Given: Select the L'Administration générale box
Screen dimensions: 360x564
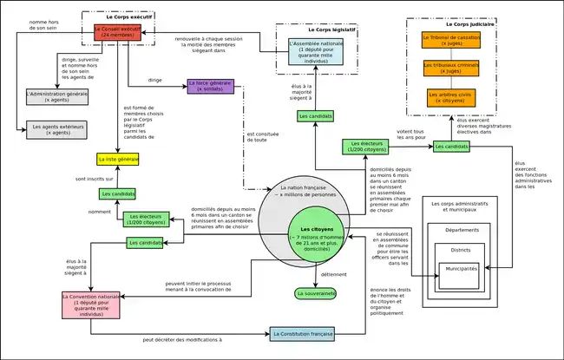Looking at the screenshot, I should pyautogui.click(x=57, y=96).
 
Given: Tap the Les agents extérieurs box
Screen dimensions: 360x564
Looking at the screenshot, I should pyautogui.click(x=57, y=128).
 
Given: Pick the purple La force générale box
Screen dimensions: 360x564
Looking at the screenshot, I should pyautogui.click(x=211, y=85).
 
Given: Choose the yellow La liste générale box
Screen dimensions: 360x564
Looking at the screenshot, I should pyautogui.click(x=118, y=160).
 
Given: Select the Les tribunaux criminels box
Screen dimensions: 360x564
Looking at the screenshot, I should pyautogui.click(x=451, y=69).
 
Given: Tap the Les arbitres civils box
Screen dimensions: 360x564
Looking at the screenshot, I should pyautogui.click(x=451, y=97).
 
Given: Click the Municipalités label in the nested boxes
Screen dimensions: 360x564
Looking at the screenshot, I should pyautogui.click(x=461, y=269).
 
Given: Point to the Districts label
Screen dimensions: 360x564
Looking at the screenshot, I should pyautogui.click(x=461, y=249).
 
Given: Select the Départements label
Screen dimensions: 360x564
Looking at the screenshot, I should pyautogui.click(x=461, y=230).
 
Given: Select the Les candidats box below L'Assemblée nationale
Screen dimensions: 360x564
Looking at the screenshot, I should pyautogui.click(x=315, y=115).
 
